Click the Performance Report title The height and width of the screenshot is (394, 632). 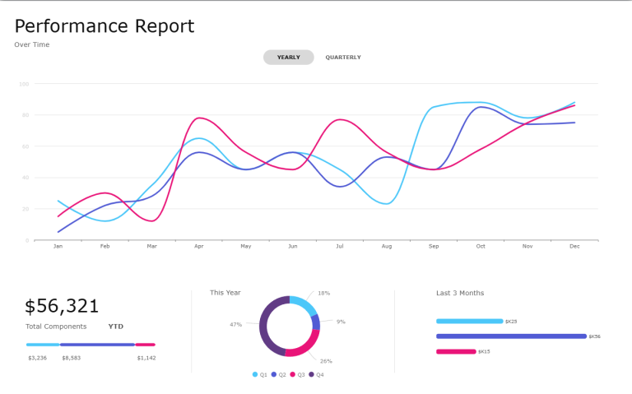click(105, 26)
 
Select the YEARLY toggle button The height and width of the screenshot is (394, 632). click(288, 58)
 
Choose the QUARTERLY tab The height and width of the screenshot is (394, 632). click(343, 58)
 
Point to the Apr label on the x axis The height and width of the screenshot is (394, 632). click(198, 246)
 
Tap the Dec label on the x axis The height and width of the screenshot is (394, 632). click(574, 246)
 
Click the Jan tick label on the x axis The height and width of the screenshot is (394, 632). click(58, 246)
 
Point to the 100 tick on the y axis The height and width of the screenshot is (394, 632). click(24, 84)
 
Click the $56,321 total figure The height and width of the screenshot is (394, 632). click(62, 307)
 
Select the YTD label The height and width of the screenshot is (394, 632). click(116, 327)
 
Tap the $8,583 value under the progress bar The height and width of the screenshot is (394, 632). click(71, 358)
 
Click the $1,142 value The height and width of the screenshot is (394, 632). click(146, 358)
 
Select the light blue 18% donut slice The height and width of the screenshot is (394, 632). click(304, 304)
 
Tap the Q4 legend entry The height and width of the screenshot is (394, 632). click(317, 374)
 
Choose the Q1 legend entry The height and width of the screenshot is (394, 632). click(260, 374)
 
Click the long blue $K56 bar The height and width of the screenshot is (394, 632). click(511, 336)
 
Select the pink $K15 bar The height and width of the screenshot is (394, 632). click(456, 351)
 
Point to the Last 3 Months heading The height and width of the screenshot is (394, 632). click(460, 293)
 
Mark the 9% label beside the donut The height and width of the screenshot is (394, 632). click(341, 322)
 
